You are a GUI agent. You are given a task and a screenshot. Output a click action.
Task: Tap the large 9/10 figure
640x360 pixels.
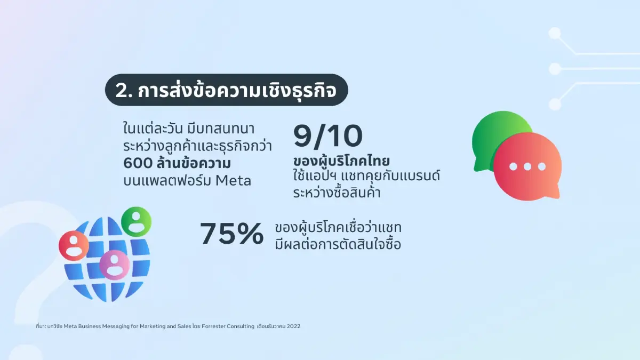pyautogui.click(x=328, y=137)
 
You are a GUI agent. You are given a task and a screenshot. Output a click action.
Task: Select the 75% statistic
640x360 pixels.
pyautogui.click(x=231, y=234)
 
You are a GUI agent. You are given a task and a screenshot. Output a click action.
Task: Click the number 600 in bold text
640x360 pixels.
pyautogui.click(x=138, y=163)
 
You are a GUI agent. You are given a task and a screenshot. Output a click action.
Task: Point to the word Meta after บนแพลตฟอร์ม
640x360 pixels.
pyautogui.click(x=234, y=181)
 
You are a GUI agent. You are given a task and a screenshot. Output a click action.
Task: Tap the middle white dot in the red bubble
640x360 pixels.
pyautogui.click(x=527, y=166)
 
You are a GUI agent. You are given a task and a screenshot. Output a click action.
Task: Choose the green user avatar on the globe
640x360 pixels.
pyautogui.click(x=137, y=221)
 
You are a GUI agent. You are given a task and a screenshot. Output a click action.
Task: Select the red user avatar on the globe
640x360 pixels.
pyautogui.click(x=74, y=246)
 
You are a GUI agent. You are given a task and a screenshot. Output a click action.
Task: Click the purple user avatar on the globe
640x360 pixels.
pyautogui.click(x=114, y=265)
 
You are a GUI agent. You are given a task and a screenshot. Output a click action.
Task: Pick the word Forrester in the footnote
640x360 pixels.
pyautogui.click(x=213, y=326)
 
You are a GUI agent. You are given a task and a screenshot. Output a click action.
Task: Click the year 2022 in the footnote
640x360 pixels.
pyautogui.click(x=294, y=326)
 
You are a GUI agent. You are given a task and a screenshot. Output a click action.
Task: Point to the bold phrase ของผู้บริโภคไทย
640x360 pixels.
pyautogui.click(x=341, y=161)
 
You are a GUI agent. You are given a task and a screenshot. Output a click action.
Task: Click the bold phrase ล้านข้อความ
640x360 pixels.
pyautogui.click(x=194, y=163)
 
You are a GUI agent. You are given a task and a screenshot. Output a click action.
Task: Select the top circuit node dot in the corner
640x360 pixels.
pyautogui.click(x=555, y=33)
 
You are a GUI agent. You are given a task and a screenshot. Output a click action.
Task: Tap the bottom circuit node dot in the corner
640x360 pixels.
pyautogui.click(x=555, y=104)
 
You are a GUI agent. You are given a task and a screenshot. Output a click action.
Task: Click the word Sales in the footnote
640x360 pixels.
pyautogui.click(x=185, y=326)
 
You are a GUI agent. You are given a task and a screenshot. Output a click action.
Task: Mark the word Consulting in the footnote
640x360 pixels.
pyautogui.click(x=241, y=326)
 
